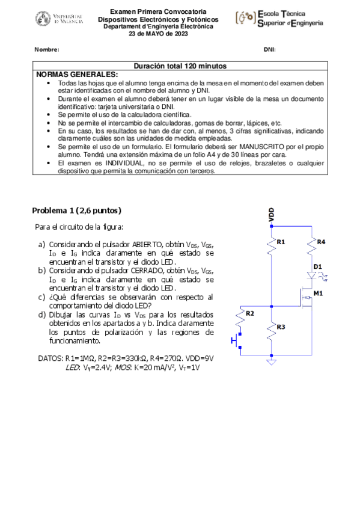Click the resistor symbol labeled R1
(x=272, y=243)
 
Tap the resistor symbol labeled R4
(x=312, y=244)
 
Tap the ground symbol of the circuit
(x=271, y=361)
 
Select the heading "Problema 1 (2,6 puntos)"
(x=77, y=210)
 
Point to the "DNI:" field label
(x=269, y=49)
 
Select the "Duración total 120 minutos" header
(x=180, y=66)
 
